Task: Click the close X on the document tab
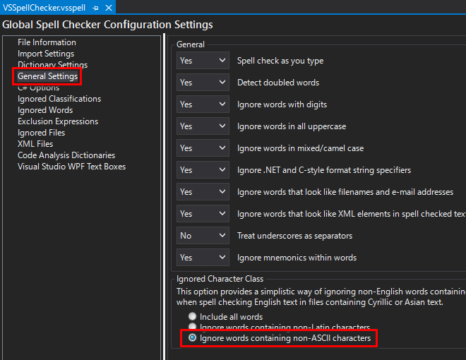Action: click(x=108, y=7)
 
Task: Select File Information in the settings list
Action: click(x=47, y=42)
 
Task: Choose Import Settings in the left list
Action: click(x=46, y=54)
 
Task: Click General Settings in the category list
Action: click(x=47, y=76)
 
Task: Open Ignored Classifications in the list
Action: click(x=59, y=99)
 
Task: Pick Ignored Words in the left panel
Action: click(x=45, y=110)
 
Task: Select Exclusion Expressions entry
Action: click(x=58, y=121)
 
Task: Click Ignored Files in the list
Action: click(x=41, y=133)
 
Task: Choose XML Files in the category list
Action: click(x=35, y=144)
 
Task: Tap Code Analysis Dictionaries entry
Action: click(x=66, y=155)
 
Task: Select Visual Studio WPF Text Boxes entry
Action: click(x=71, y=167)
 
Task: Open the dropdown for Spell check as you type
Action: click(x=203, y=61)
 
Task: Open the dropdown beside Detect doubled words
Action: click(x=203, y=83)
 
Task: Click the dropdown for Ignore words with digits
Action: click(x=203, y=104)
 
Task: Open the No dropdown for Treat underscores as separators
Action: click(x=203, y=236)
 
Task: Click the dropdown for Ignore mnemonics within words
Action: click(x=203, y=258)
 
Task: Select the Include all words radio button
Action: click(x=192, y=317)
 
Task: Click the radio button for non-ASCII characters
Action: click(x=192, y=339)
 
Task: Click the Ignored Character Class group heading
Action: click(x=220, y=279)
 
